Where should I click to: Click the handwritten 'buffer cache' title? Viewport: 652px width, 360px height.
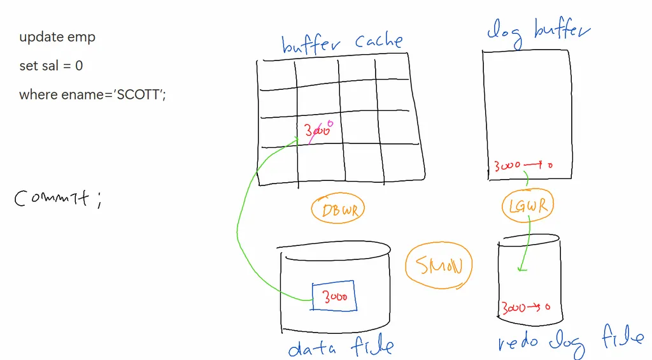tap(342, 43)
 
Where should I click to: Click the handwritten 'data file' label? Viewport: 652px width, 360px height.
tap(341, 347)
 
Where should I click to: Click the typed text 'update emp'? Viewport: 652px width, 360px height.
tap(57, 37)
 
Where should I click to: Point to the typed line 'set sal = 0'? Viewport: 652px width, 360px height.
tap(51, 66)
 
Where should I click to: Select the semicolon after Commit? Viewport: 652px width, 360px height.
tap(98, 201)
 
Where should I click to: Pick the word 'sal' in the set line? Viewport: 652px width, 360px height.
tap(49, 66)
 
